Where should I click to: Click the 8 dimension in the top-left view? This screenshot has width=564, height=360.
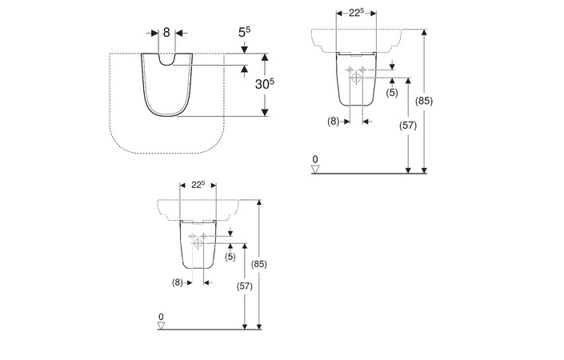(x=166, y=33)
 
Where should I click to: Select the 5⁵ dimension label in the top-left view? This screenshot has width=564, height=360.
(x=244, y=34)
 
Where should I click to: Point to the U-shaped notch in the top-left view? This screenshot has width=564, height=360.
(x=166, y=59)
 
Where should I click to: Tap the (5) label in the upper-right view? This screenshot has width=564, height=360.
(x=392, y=93)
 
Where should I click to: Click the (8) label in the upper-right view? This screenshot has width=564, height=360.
(x=334, y=122)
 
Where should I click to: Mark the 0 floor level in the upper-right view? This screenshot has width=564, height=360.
(x=315, y=160)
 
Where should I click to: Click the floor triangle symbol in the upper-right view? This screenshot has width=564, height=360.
(x=315, y=168)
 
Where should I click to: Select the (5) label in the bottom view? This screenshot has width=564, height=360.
(x=230, y=256)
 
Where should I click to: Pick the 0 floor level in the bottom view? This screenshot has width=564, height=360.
(x=161, y=317)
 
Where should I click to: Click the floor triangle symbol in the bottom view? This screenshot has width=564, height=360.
(x=161, y=325)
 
